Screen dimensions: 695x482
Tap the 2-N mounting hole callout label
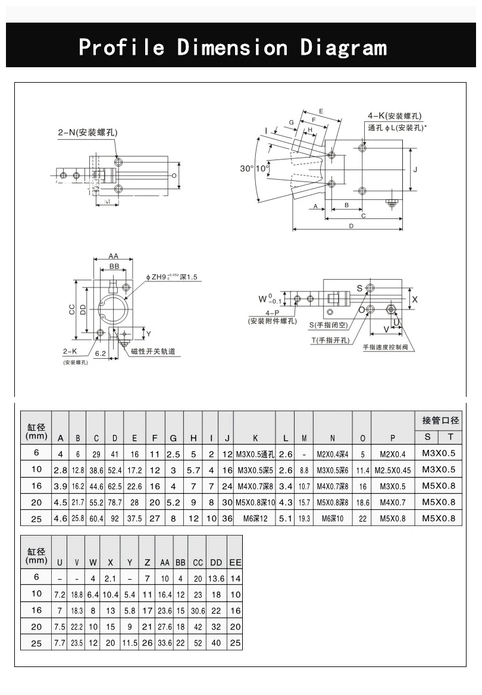click(x=87, y=133)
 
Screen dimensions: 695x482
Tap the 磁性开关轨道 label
click(x=154, y=352)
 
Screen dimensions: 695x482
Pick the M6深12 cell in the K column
click(x=255, y=519)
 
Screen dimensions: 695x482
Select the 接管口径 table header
click(x=440, y=420)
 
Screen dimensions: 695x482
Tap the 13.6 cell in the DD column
click(x=217, y=578)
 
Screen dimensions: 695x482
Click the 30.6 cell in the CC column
click(x=198, y=611)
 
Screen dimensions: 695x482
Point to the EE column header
click(x=235, y=562)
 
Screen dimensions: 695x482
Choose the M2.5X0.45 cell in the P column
click(x=393, y=470)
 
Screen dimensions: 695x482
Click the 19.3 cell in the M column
click(x=304, y=519)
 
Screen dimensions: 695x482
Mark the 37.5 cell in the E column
click(x=134, y=519)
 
